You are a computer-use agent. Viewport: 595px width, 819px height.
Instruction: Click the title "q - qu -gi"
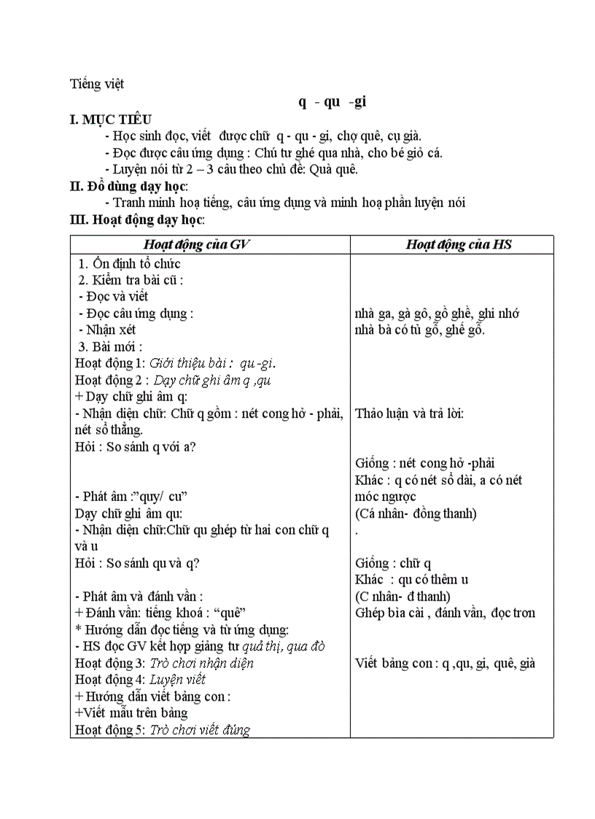(332, 102)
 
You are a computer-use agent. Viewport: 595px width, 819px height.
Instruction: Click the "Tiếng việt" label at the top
(97, 84)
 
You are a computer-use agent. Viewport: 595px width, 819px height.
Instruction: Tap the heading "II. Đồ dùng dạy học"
(128, 186)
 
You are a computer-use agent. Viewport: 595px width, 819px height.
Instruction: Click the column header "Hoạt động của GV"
(196, 245)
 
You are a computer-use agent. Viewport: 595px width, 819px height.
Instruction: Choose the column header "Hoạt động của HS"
(459, 245)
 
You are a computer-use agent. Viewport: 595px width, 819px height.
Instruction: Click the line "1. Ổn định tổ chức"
(129, 264)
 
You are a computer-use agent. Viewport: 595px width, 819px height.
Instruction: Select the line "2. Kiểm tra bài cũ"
(131, 280)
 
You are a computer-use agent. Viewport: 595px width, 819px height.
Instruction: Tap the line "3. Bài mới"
(110, 346)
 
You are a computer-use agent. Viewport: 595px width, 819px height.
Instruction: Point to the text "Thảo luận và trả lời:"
(409, 414)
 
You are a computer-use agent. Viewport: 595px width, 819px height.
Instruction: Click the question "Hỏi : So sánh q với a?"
(135, 447)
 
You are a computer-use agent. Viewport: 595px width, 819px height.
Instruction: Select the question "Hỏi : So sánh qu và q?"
(137, 562)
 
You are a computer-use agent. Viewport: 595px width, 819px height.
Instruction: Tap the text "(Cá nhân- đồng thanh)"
(416, 513)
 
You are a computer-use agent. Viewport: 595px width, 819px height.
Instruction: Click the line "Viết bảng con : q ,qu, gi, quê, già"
(445, 663)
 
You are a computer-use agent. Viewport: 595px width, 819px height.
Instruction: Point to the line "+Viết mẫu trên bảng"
(131, 713)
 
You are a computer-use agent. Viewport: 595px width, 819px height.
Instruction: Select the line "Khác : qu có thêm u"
(411, 579)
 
